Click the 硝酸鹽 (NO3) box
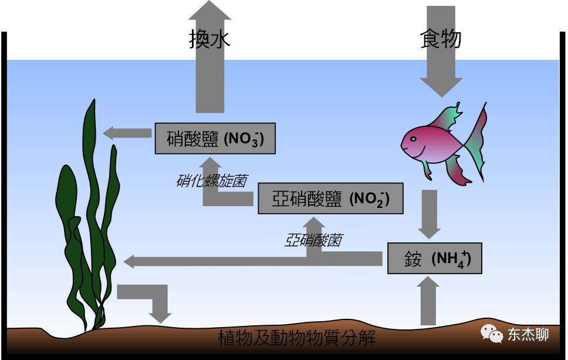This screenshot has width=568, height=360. click(215, 139)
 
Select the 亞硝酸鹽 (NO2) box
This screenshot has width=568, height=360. click(331, 198)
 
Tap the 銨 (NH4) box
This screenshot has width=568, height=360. click(435, 258)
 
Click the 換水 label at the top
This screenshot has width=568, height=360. click(209, 39)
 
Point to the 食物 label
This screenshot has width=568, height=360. click(441, 39)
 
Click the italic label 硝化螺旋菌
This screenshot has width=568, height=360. click(211, 180)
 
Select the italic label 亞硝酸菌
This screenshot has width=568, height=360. click(313, 240)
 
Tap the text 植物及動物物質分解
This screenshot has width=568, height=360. click(296, 338)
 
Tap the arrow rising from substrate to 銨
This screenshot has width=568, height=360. click(430, 300)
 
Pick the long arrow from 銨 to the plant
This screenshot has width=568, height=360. click(252, 259)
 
